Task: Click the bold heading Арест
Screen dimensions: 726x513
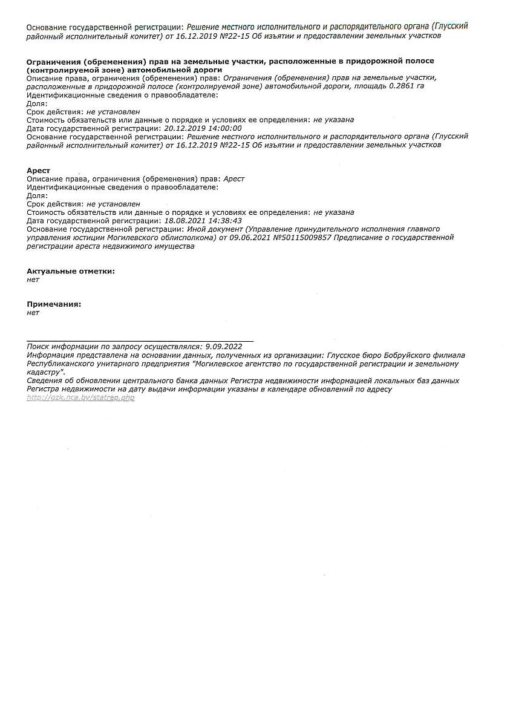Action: click(39, 171)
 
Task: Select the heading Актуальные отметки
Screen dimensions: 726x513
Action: click(71, 271)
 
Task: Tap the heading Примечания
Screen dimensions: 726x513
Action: click(54, 304)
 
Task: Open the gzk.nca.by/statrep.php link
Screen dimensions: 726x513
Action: click(80, 397)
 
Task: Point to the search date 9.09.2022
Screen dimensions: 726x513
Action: click(224, 347)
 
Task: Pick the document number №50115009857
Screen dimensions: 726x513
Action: click(302, 238)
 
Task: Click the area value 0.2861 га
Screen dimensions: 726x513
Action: click(407, 86)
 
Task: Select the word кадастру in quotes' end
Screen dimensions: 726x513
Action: click(45, 372)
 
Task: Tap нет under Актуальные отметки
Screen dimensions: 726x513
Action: click(33, 280)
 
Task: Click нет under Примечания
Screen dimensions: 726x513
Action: click(33, 313)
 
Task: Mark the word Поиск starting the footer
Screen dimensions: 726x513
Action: click(38, 347)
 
